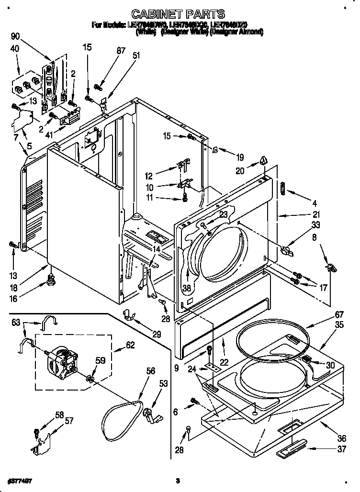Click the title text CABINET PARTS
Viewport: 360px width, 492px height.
click(178, 14)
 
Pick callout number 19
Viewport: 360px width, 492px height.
click(239, 157)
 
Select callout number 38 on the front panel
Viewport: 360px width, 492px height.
click(186, 289)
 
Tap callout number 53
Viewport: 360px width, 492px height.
click(164, 383)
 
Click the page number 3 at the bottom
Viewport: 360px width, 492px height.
click(177, 480)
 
